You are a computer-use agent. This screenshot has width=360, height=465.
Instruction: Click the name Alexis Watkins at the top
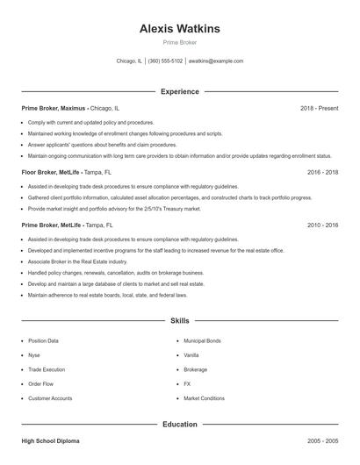pyautogui.click(x=179, y=29)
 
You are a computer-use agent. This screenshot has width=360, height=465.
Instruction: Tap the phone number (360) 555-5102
pyautogui.click(x=165, y=61)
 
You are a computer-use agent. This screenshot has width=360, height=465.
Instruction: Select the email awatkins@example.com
pyautogui.click(x=216, y=61)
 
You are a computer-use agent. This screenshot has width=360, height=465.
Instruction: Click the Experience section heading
pyautogui.click(x=179, y=91)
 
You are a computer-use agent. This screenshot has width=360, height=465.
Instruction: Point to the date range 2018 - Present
pyautogui.click(x=319, y=108)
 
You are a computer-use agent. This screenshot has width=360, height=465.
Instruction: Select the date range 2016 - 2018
pyautogui.click(x=322, y=173)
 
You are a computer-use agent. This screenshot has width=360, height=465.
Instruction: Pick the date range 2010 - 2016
pyautogui.click(x=322, y=225)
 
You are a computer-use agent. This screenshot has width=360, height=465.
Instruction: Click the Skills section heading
pyautogui.click(x=179, y=322)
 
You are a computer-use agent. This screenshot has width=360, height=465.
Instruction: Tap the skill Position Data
pyautogui.click(x=43, y=340)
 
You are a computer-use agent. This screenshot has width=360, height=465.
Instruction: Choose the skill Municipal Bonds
pyautogui.click(x=202, y=340)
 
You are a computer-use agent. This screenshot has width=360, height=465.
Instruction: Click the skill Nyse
pyautogui.click(x=34, y=355)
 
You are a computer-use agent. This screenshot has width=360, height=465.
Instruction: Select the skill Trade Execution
pyautogui.click(x=47, y=369)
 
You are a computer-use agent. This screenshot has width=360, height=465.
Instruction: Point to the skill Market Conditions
pyautogui.click(x=204, y=398)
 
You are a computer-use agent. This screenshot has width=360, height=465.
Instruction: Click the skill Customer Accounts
pyautogui.click(x=50, y=398)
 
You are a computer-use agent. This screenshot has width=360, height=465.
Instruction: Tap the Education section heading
pyautogui.click(x=179, y=425)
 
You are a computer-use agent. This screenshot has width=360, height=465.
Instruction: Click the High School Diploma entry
pyautogui.click(x=50, y=441)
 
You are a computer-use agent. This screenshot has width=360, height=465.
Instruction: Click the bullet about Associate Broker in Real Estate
pyautogui.click(x=77, y=261)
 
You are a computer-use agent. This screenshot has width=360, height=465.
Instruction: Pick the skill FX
pyautogui.click(x=187, y=384)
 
